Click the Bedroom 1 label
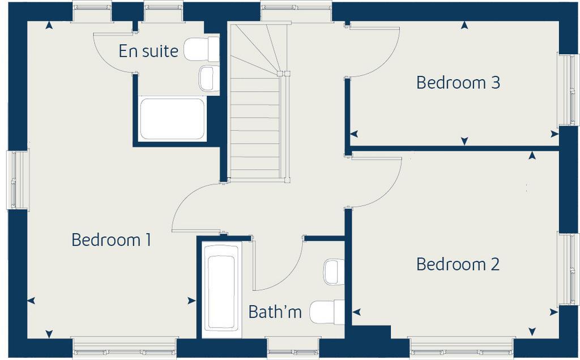point(111,240)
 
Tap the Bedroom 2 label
point(458,264)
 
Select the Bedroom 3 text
point(458,83)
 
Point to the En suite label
point(148,52)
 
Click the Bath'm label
point(275,312)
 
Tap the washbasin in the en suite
point(208,78)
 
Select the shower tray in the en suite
point(172,119)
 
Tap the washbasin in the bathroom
point(334,271)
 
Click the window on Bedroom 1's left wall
point(17,179)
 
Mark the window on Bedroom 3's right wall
point(568,89)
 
